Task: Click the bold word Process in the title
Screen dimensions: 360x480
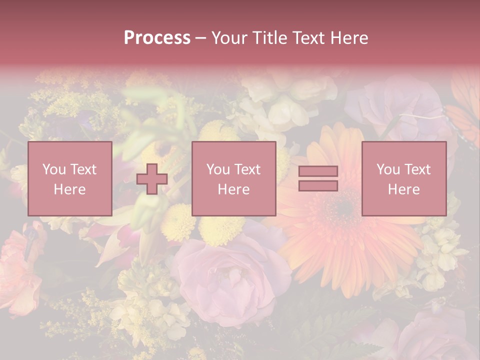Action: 157,38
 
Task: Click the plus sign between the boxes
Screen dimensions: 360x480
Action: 152,179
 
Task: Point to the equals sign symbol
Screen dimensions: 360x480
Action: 318,178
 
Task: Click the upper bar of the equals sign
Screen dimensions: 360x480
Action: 318,171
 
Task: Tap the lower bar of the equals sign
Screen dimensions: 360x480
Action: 318,185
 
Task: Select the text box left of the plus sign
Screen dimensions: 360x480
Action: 69,178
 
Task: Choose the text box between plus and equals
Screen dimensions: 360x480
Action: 233,178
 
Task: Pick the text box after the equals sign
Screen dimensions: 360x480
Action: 403,178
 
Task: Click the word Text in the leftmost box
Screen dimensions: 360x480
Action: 83,169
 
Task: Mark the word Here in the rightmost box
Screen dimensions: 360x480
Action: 403,189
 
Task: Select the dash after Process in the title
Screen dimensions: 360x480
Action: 201,38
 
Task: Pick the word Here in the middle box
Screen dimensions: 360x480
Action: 233,189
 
